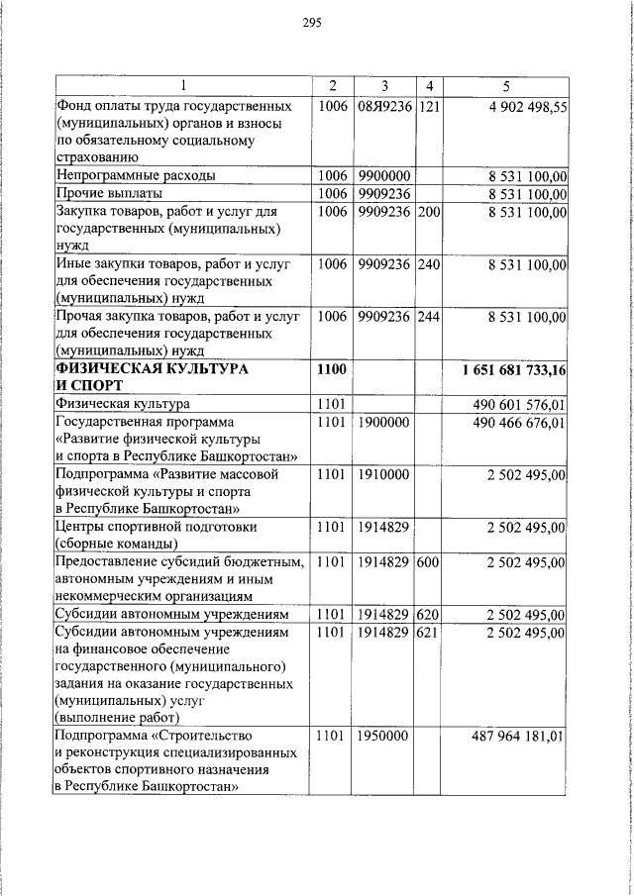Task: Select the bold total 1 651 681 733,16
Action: pyautogui.click(x=514, y=370)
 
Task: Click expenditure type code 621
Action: pyautogui.click(x=428, y=632)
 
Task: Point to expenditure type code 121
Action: pyautogui.click(x=428, y=106)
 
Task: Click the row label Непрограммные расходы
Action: pyautogui.click(x=136, y=176)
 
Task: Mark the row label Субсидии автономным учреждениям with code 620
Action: pyautogui.click(x=172, y=614)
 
